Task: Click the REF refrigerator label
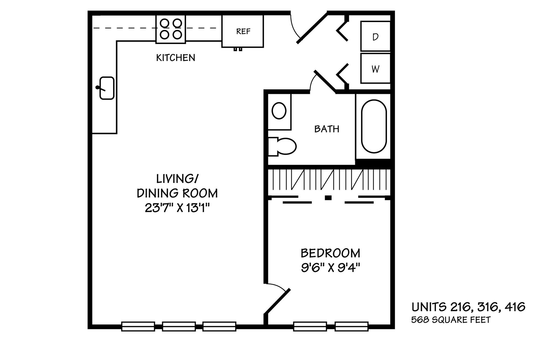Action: pyautogui.click(x=243, y=31)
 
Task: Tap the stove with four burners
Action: pyautogui.click(x=171, y=29)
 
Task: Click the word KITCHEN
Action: pyautogui.click(x=176, y=58)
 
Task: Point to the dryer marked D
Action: pyautogui.click(x=375, y=36)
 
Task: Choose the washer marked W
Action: pyautogui.click(x=375, y=68)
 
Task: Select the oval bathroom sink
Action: pyautogui.click(x=279, y=111)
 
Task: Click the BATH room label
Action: pyautogui.click(x=327, y=129)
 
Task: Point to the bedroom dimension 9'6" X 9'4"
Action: pyautogui.click(x=330, y=268)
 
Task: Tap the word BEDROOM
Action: pyautogui.click(x=330, y=253)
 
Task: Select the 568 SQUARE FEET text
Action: pyautogui.click(x=451, y=320)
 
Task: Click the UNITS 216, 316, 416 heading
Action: pyautogui.click(x=468, y=307)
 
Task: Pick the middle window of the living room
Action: pyautogui.click(x=179, y=326)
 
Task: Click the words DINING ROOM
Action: pyautogui.click(x=177, y=193)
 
